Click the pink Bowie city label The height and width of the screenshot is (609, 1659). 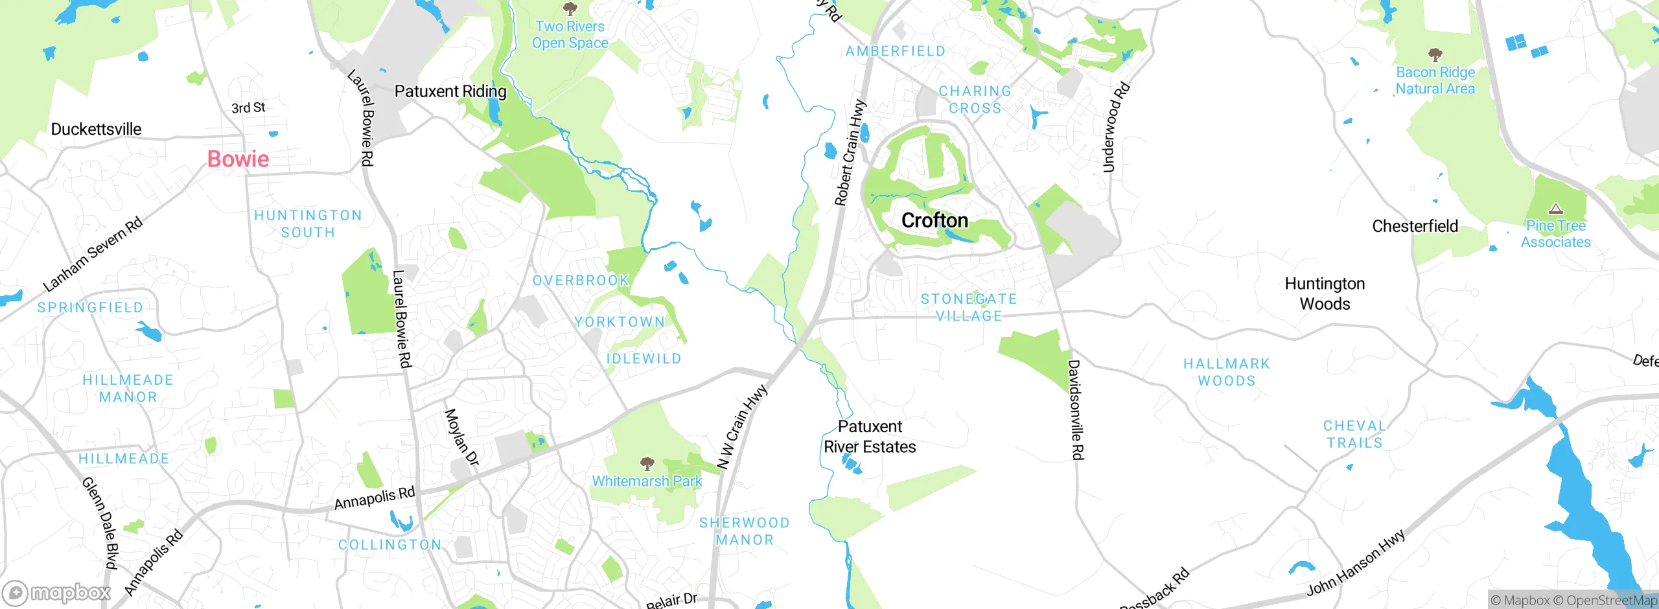tap(238, 159)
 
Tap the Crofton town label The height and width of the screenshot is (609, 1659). tap(934, 220)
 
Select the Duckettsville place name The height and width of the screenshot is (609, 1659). tap(96, 129)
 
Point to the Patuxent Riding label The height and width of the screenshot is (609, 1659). tap(450, 91)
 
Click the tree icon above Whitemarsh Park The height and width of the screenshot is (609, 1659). tap(647, 463)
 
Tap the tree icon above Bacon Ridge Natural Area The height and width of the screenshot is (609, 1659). tap(1435, 54)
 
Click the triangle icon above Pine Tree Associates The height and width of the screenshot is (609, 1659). tap(1555, 209)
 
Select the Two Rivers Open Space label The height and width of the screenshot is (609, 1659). tap(570, 35)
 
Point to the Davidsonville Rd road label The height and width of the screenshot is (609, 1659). tap(1076, 410)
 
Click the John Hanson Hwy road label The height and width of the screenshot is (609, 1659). tap(1356, 562)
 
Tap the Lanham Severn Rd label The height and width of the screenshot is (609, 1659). tap(93, 255)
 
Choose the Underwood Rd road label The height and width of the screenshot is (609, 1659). tap(1116, 128)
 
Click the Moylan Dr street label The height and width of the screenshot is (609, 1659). tap(461, 437)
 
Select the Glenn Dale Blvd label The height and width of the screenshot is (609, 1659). tap(101, 523)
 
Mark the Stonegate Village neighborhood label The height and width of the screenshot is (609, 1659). tap(969, 307)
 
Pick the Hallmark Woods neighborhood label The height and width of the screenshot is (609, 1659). tap(1227, 372)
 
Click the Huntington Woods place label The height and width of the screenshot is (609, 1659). tap(1325, 293)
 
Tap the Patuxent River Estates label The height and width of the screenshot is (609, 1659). tap(870, 437)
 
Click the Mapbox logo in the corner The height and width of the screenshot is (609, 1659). tap(57, 592)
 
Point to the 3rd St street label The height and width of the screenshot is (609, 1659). tap(248, 108)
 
